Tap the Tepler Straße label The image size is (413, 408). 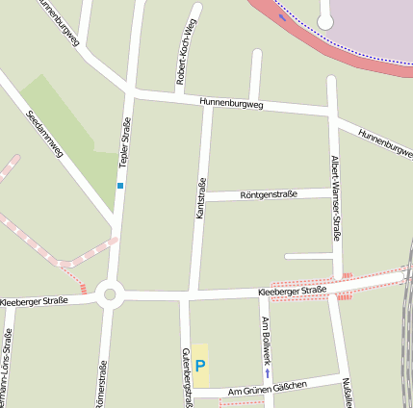[x=124, y=143]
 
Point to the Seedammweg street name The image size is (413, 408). [x=46, y=136]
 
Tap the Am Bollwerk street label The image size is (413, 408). [x=267, y=337]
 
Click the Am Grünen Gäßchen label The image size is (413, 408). [x=267, y=388]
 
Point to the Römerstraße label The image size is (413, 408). [x=100, y=383]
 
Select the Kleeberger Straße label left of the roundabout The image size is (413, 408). [x=34, y=301]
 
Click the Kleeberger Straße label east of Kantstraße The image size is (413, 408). [x=293, y=290]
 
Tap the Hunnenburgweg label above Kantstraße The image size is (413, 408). [x=231, y=103]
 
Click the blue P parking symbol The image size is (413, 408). [x=200, y=366]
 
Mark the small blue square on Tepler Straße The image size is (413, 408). [x=120, y=185]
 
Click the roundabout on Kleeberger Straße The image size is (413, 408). [x=108, y=294]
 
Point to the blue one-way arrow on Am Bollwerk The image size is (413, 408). [x=267, y=371]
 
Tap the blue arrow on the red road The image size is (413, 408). [x=282, y=17]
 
